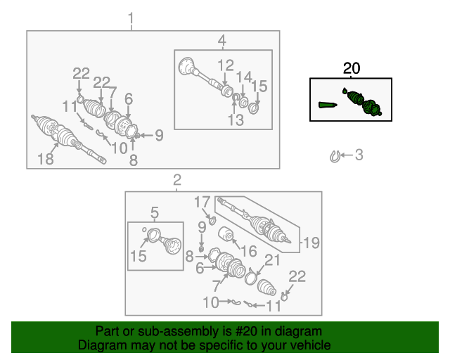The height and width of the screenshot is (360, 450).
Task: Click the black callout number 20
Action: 352,69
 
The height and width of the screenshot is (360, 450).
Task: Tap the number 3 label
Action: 359,155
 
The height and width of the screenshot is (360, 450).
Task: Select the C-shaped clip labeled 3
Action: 334,157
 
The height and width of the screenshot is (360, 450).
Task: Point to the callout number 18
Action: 46,159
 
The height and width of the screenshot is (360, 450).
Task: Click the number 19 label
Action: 311,243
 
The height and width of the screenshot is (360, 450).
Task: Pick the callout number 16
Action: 249,252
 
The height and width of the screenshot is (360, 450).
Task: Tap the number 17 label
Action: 202,202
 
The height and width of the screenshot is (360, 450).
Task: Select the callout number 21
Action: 272,260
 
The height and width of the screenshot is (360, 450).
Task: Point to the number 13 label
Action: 236,120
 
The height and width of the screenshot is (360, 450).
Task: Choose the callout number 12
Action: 226,65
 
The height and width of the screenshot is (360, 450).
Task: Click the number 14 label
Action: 244,77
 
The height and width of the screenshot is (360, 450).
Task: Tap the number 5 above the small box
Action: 155,213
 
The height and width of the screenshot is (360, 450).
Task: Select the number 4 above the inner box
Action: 222,41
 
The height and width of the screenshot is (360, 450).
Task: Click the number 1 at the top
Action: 131,18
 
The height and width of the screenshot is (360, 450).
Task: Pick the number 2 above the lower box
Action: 177,180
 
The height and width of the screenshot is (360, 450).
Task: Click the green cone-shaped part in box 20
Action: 328,105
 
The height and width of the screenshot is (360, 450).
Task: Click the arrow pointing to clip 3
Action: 347,155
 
